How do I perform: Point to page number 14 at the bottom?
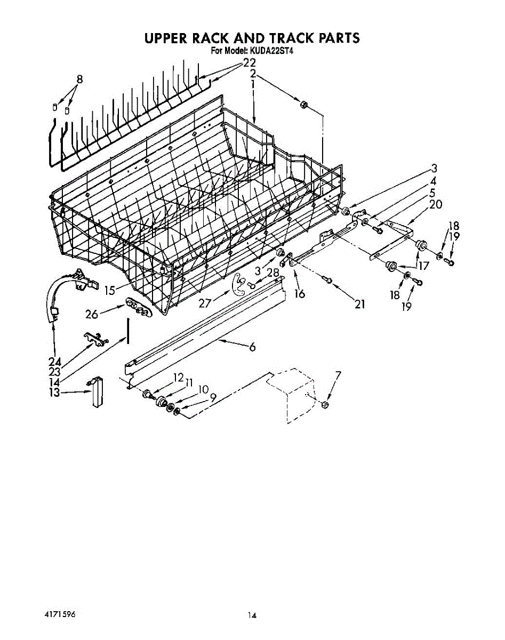click(x=252, y=615)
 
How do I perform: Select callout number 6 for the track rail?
click(x=252, y=348)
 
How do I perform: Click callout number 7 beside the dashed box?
click(x=338, y=376)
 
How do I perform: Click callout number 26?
click(x=92, y=314)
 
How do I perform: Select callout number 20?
click(x=436, y=204)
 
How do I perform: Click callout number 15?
click(x=110, y=290)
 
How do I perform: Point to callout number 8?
click(x=79, y=79)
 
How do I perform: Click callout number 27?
click(x=205, y=303)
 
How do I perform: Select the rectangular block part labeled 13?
click(x=96, y=393)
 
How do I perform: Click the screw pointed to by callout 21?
click(x=329, y=281)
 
